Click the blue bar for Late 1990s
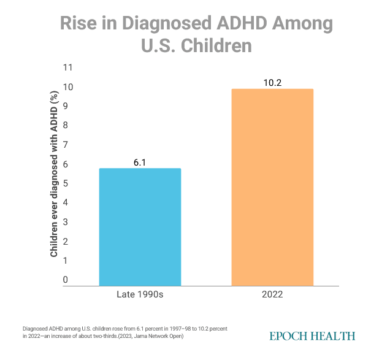click(140, 227)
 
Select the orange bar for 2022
click(272, 188)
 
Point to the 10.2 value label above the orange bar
click(272, 82)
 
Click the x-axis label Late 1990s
click(140, 295)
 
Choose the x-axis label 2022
click(272, 295)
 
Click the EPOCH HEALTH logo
click(312, 335)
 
